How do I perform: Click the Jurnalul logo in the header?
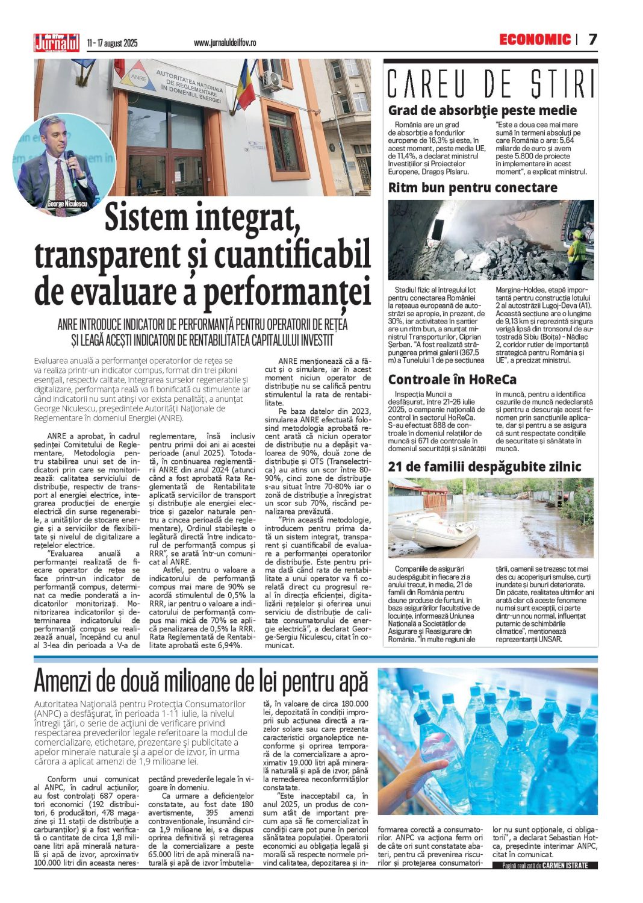tap(57, 42)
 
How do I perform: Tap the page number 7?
tap(593, 40)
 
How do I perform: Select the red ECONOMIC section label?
tap(535, 40)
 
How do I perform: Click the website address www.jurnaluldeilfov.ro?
tap(225, 43)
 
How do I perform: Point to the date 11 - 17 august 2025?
tap(112, 43)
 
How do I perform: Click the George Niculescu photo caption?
tap(67, 204)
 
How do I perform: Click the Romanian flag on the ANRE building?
tap(245, 85)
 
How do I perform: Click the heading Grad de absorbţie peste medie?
tap(482, 110)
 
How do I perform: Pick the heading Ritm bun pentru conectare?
tap(473, 187)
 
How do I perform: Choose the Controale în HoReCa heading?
tap(452, 380)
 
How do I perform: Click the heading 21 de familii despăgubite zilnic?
tap(485, 467)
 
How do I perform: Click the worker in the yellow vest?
tap(576, 252)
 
